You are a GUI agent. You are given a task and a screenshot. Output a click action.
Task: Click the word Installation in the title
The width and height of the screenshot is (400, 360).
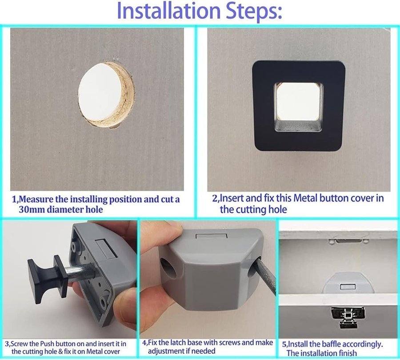pyautogui.click(x=168, y=11)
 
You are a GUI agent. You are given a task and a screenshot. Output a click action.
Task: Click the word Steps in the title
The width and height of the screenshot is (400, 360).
pyautogui.click(x=254, y=12)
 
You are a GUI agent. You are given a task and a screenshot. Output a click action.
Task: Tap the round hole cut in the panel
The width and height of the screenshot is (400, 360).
pyautogui.click(x=106, y=95)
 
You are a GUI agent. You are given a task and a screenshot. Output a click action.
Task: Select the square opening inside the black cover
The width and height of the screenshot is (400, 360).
pyautogui.click(x=298, y=107)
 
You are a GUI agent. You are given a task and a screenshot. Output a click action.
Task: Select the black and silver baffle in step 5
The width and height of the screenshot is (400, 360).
pyautogui.click(x=348, y=316)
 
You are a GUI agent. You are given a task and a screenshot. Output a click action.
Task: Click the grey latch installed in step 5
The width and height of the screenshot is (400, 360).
pyautogui.click(x=348, y=283)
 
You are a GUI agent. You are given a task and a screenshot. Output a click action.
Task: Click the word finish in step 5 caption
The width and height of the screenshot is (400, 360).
pyautogui.click(x=346, y=353)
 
